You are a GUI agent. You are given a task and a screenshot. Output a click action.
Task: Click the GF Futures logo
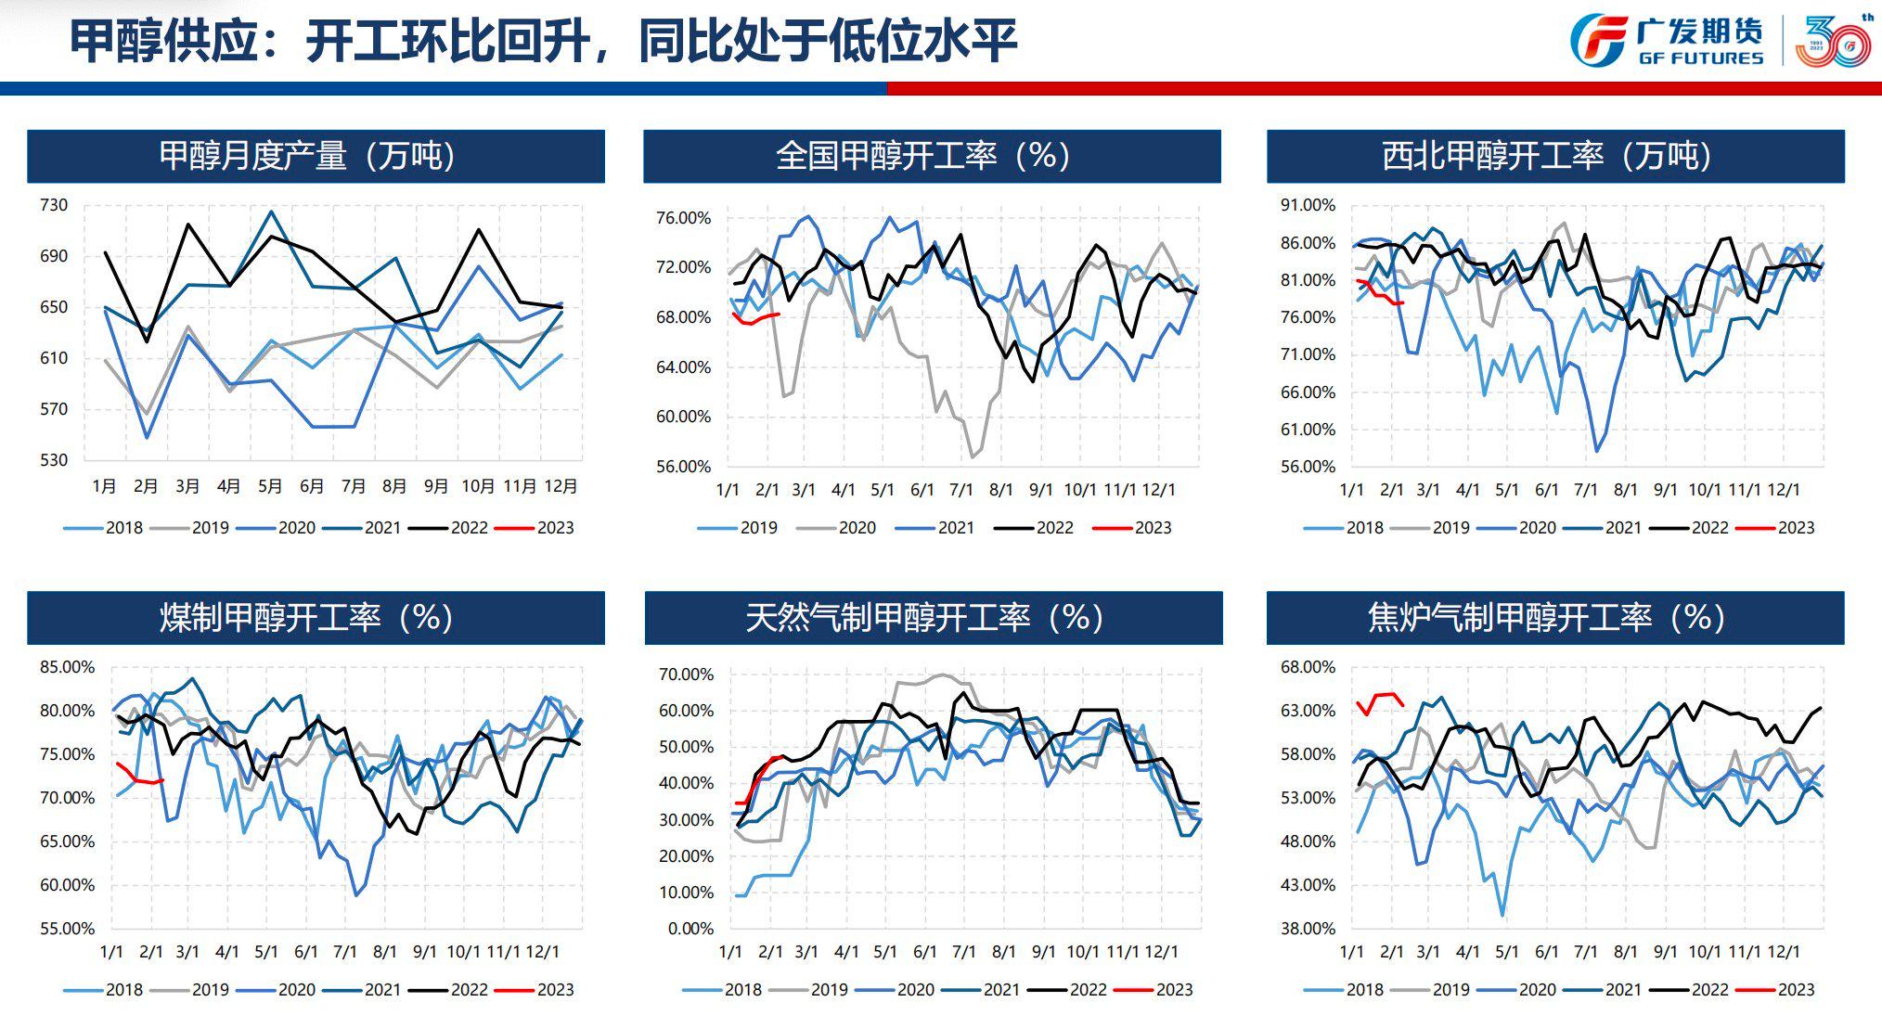1667,40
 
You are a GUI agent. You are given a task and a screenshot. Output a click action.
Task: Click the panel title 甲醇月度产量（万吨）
307,156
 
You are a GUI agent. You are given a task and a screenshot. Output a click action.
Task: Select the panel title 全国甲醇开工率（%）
923,156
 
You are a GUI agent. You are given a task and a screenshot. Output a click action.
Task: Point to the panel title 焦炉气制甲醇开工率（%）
1547,618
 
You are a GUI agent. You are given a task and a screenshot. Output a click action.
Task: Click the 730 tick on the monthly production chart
54,205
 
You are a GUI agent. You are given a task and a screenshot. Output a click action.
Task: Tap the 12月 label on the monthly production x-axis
561,486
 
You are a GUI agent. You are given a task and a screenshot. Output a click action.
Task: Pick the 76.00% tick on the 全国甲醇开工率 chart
683,218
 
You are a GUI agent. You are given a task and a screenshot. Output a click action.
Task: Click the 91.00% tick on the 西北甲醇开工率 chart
1308,205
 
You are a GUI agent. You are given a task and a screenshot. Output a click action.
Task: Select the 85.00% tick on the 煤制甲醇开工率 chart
67,667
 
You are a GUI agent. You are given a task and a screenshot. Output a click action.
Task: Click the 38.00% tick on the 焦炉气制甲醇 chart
1308,929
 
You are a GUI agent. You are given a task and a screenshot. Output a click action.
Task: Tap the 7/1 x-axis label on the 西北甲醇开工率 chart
1585,490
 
